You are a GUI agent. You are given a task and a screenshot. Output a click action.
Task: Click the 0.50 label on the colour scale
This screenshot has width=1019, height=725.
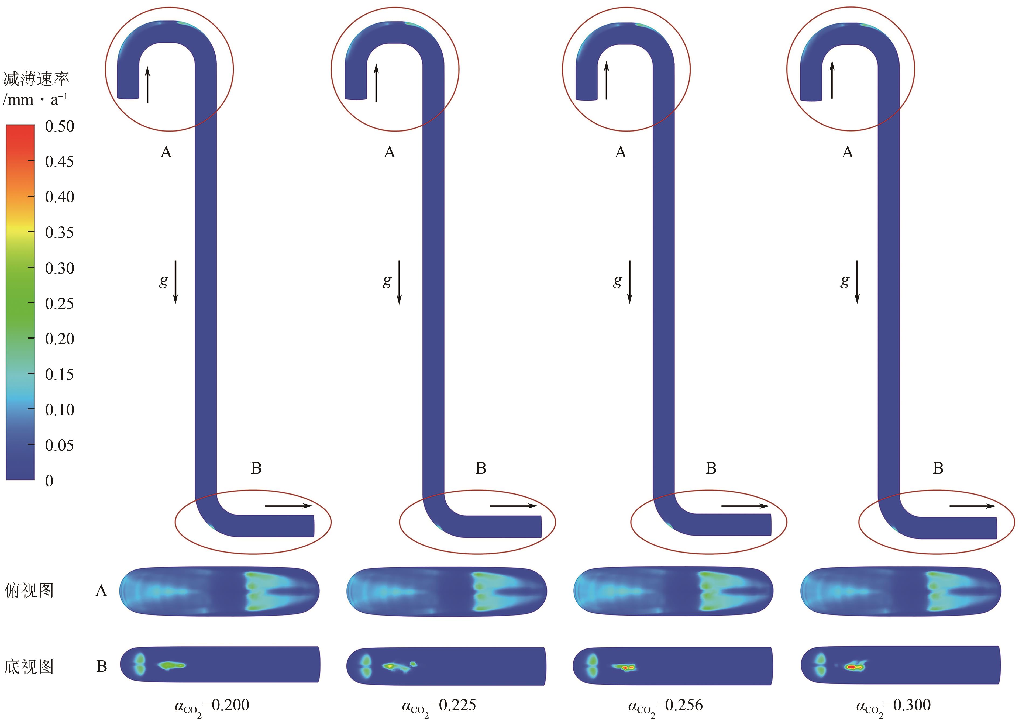tap(59, 126)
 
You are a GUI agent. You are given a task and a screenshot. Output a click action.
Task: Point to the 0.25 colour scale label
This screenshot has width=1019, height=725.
tap(59, 303)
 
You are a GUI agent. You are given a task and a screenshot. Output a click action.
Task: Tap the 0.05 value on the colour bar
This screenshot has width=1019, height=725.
tap(59, 445)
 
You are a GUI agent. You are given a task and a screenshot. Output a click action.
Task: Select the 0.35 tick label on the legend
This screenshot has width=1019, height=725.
tap(59, 233)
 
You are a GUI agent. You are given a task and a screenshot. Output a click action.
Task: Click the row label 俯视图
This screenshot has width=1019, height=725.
tap(29, 591)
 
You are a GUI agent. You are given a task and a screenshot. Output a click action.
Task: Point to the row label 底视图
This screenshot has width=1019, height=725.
tap(29, 667)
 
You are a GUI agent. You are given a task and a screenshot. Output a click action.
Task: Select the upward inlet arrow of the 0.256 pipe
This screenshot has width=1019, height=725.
tap(606, 80)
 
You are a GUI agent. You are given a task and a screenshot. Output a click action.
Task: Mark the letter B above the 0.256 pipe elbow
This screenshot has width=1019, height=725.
tap(711, 468)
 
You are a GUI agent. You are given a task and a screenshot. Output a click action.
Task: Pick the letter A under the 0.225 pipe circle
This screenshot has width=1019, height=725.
tap(389, 153)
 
